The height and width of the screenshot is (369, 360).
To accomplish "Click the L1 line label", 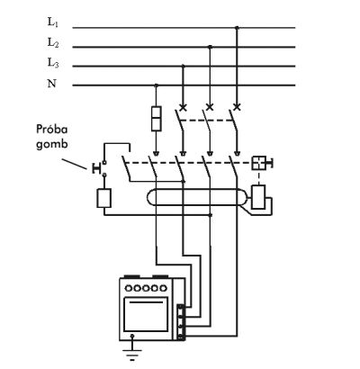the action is [x=53, y=22].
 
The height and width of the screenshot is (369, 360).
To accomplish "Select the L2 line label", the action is [x=53, y=42].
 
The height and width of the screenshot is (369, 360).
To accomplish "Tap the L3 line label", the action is [x=53, y=63].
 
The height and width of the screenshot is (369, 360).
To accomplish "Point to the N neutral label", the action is [x=51, y=83].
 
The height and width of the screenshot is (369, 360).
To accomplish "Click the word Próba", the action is [x=52, y=130].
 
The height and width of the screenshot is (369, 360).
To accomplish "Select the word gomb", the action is [x=52, y=144].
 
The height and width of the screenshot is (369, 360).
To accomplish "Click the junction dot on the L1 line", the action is [x=237, y=28].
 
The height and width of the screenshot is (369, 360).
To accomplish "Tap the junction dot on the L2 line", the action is [x=210, y=47].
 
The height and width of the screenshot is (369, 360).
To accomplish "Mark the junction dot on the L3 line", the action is [x=184, y=66].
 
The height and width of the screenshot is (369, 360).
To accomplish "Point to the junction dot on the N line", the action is [x=156, y=85].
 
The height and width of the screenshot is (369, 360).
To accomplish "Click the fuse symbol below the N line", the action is [x=157, y=119].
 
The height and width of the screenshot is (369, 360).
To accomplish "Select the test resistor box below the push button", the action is [x=104, y=198].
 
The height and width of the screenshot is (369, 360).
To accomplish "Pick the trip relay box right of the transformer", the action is [x=258, y=197].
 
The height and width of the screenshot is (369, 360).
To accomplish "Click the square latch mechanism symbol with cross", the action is [x=258, y=163].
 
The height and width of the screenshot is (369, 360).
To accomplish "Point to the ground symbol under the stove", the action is [x=132, y=354].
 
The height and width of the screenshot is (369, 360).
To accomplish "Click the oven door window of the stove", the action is [x=146, y=314].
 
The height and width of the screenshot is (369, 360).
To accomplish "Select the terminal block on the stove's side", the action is [x=181, y=322].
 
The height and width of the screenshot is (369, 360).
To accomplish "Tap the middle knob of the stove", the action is [x=146, y=288].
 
